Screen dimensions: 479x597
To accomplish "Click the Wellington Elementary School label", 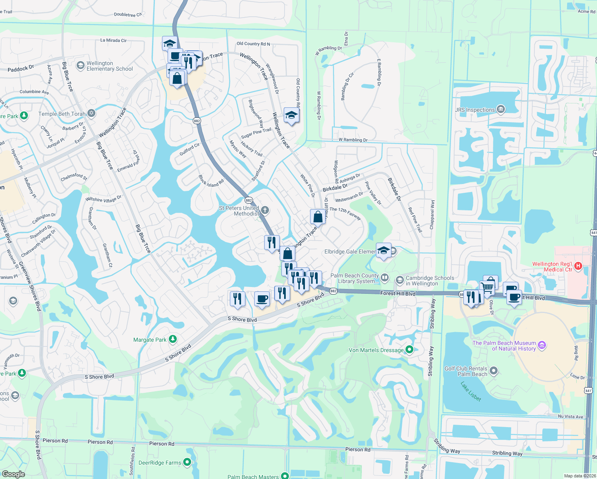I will (109, 66).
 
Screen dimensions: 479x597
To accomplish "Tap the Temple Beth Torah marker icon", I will (91, 114).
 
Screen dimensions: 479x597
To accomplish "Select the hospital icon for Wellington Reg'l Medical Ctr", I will (578, 266).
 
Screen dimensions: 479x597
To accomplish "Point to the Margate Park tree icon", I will (172, 339).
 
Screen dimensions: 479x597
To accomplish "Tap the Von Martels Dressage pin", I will (409, 350).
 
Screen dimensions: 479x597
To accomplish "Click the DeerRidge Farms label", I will (160, 463).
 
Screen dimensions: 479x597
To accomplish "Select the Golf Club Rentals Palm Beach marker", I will (494, 371).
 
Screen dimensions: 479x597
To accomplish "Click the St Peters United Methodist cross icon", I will (265, 210).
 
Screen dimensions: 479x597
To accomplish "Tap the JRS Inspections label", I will (475, 110).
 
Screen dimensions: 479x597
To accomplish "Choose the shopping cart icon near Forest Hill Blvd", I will (487, 287).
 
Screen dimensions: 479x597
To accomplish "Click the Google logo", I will (13, 474).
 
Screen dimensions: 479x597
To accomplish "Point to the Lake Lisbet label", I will (471, 392).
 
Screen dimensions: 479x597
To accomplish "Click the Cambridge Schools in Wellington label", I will (430, 281).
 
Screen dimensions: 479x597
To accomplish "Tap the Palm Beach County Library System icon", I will (385, 277).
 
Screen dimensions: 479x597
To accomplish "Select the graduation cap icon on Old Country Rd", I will (291, 116).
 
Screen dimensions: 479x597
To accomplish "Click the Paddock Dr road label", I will (21, 69).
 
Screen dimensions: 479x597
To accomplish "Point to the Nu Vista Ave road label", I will (570, 416).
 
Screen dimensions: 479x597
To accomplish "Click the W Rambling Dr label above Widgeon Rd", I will (353, 140).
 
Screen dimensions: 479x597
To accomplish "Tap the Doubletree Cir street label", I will (128, 15).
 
